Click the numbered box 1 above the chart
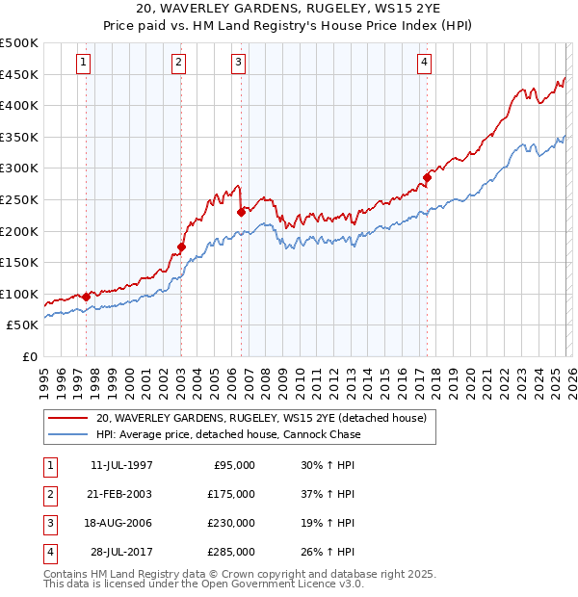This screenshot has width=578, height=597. click(x=84, y=64)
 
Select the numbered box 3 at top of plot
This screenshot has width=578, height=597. click(x=238, y=64)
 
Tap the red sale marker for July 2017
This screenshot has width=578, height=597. click(x=427, y=177)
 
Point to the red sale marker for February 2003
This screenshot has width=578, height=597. click(x=181, y=247)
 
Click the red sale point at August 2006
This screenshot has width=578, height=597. click(x=240, y=212)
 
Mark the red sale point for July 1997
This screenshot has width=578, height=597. click(x=87, y=297)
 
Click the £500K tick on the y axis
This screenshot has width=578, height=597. click(x=19, y=43)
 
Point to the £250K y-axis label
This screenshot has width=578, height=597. click(x=19, y=199)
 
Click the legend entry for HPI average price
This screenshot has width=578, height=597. click(x=228, y=434)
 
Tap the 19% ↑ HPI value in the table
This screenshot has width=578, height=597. click(x=328, y=523)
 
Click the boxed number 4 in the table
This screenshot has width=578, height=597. click(x=49, y=552)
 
